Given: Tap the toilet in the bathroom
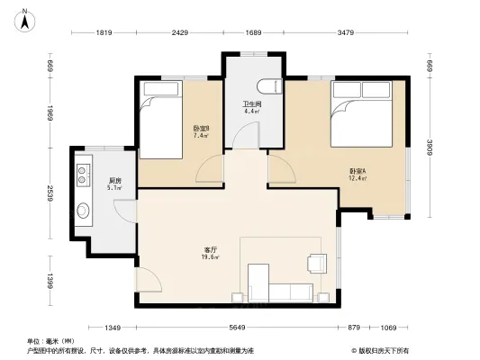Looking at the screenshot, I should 267,86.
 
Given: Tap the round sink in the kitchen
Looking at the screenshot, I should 84,212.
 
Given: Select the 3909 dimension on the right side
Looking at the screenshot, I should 430,147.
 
